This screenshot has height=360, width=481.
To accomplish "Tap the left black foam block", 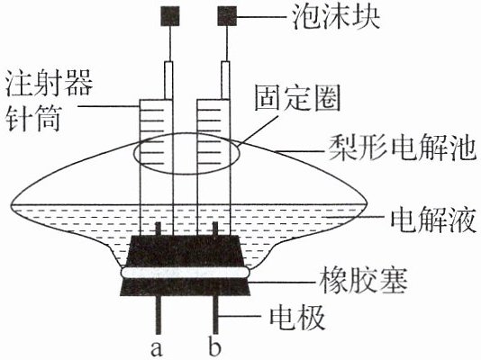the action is point(170,16).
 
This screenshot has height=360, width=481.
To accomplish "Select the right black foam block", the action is point(227,16).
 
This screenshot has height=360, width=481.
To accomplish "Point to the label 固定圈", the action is point(297,98).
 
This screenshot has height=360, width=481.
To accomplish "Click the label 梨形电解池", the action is point(402,148).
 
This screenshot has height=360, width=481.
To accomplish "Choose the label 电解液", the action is point(433,220).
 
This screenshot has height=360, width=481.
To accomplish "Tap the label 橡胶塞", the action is point(363,281).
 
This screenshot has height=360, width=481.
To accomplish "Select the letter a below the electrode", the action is point(157,348).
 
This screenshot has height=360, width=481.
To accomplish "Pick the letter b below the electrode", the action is point(214,346).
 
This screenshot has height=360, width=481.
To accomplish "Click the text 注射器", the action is point(49,84).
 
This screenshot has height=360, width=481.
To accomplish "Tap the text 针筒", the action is point(33,119).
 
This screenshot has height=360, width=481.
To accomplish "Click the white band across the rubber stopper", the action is point(185,273).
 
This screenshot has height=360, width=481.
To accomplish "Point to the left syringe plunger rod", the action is point(168,80).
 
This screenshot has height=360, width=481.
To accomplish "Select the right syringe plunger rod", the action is point(225,80).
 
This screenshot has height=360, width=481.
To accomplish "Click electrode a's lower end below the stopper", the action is point(159,333).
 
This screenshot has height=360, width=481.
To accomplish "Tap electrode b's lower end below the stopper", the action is point(215,333).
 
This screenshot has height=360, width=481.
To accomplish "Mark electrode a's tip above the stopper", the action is point(159,223).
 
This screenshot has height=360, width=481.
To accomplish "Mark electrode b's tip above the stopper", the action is point(215,223).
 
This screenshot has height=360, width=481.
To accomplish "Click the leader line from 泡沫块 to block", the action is point(261,16).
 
